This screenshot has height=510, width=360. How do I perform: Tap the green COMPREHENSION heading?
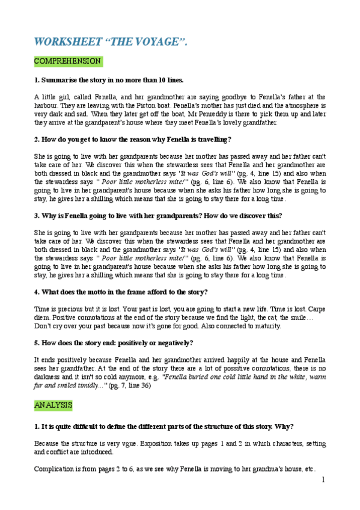click(67, 61)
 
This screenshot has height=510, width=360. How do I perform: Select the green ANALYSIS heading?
click(53, 405)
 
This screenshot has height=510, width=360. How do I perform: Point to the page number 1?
click(323, 479)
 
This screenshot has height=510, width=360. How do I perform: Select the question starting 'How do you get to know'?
click(132, 140)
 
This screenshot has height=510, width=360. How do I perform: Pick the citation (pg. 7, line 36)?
click(135, 386)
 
